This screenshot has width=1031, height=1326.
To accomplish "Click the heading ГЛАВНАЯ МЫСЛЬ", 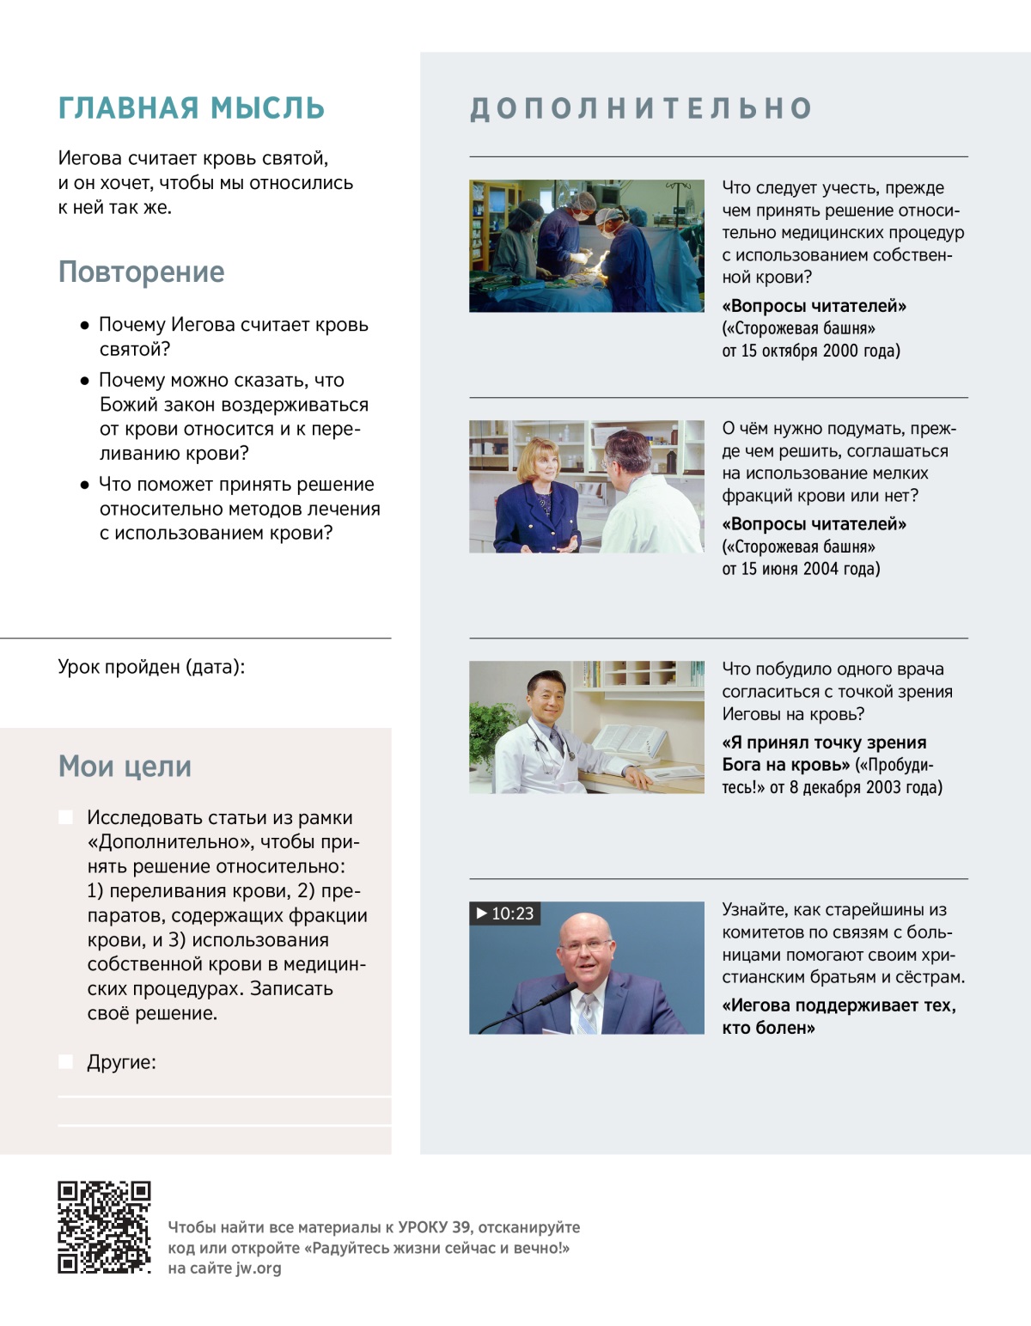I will (191, 108).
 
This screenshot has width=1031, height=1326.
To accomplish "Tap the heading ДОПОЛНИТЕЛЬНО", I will (641, 108).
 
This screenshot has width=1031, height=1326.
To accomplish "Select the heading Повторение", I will (141, 272).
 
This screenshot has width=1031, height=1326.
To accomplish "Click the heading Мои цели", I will (125, 766).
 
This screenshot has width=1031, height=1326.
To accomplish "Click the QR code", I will (104, 1227).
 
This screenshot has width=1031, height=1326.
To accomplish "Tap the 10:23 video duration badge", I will (505, 914).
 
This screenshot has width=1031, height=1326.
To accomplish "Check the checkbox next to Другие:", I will (65, 1061).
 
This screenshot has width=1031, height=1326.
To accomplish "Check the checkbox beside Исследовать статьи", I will (65, 816).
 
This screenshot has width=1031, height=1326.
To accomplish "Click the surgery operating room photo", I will (586, 246).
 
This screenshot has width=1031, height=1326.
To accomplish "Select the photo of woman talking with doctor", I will (586, 486).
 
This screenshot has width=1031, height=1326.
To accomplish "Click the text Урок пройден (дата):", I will (151, 667).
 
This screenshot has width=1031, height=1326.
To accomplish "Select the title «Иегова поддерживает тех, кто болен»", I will (839, 1017).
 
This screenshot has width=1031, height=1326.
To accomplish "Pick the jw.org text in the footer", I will (258, 1268).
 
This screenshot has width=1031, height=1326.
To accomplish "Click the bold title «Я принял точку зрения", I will (824, 742).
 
